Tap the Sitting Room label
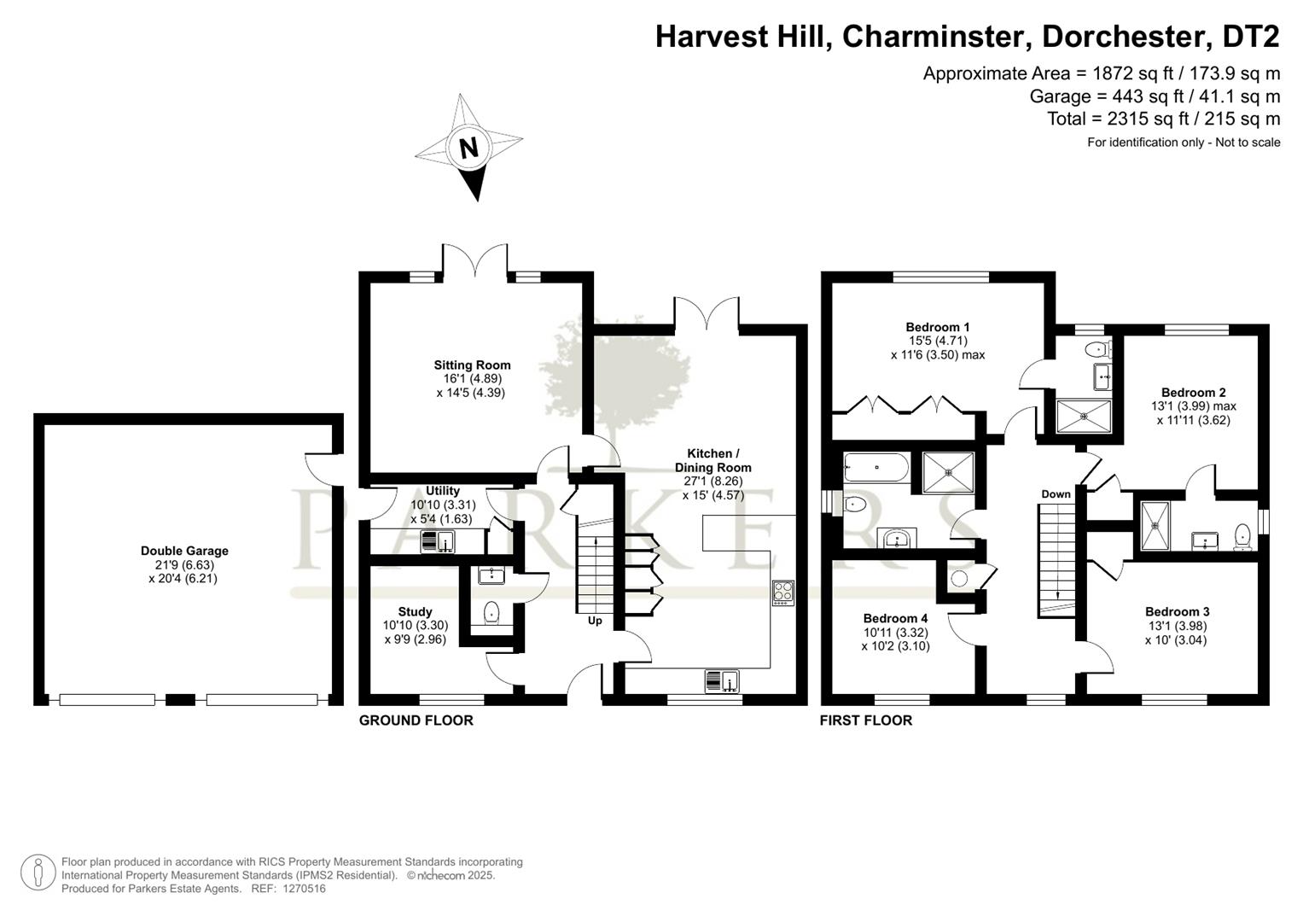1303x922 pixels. (x=472, y=365)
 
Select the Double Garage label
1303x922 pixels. (x=184, y=551)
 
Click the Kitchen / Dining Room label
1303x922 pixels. (x=713, y=460)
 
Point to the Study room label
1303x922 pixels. (x=415, y=612)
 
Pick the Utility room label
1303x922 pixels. (x=443, y=491)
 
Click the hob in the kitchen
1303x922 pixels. (x=783, y=592)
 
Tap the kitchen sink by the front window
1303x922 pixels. (x=722, y=681)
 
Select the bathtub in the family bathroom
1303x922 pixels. (x=876, y=468)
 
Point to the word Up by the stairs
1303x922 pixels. (x=595, y=621)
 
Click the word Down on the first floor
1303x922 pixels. (x=1056, y=494)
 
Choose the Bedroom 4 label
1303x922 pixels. (x=895, y=618)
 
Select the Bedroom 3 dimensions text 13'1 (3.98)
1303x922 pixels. (x=1177, y=627)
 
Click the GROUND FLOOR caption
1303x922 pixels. (x=416, y=721)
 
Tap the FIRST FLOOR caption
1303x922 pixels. (x=866, y=721)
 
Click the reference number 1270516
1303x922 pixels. (x=305, y=889)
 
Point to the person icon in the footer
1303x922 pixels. (x=38, y=873)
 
